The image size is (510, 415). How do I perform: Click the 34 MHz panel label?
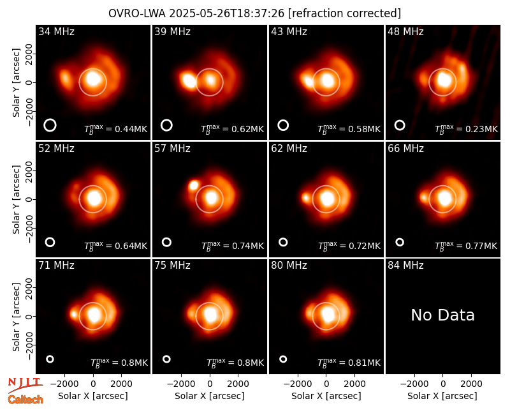tap(56, 31)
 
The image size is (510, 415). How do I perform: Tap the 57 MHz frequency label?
tap(172, 149)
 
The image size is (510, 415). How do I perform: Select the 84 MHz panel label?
tap(405, 266)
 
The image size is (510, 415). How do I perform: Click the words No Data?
tap(442, 315)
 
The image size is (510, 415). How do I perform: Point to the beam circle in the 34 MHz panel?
tap(50, 119)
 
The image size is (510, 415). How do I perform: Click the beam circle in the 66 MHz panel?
tap(400, 239)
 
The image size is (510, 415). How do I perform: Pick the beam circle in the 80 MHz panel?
tap(283, 356)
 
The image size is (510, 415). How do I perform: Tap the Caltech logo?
tap(25, 400)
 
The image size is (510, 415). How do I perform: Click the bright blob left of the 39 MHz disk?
tap(188, 81)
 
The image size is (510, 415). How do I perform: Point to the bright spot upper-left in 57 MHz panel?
tap(194, 186)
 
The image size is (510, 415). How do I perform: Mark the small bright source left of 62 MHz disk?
tap(306, 197)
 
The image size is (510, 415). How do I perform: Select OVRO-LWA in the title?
tap(137, 13)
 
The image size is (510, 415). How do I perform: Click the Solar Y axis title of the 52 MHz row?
tap(16, 199)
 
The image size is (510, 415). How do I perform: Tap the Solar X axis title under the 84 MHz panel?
tap(442, 396)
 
